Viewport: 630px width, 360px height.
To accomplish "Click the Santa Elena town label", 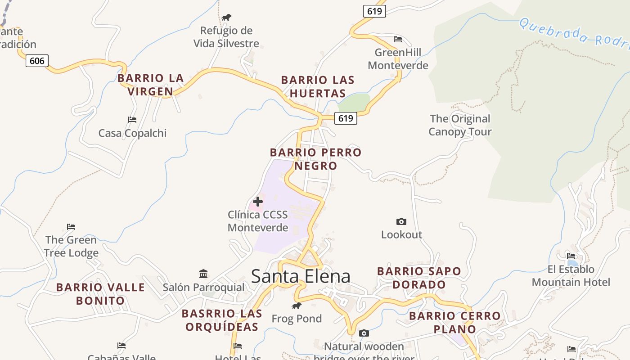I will [x=301, y=276].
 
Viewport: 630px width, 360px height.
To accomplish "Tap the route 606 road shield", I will [x=37, y=60].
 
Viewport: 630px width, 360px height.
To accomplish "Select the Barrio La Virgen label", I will [x=150, y=85].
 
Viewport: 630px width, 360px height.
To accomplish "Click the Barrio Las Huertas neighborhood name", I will [x=318, y=86].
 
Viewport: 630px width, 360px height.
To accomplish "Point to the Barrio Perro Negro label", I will [x=315, y=159].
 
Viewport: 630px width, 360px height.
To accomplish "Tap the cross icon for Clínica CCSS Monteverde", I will [x=258, y=201].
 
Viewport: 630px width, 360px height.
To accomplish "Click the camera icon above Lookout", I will [x=401, y=221].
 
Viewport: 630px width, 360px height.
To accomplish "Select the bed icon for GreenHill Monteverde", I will [x=398, y=39].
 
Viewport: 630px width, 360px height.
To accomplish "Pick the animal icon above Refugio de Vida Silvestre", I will [x=226, y=18].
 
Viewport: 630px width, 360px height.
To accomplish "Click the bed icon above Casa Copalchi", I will [x=132, y=120].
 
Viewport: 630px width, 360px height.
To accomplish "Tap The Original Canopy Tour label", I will [x=459, y=125].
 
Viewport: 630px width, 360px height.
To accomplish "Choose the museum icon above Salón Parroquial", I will [x=203, y=274].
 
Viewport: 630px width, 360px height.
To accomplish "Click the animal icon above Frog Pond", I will [x=296, y=306].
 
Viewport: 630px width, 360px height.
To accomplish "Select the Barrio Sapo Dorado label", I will [x=419, y=278].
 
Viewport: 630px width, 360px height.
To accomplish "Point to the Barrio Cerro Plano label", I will [x=454, y=322].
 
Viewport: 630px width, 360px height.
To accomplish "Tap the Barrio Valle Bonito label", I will [x=100, y=293].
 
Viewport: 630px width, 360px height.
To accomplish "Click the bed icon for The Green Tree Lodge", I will [x=71, y=226].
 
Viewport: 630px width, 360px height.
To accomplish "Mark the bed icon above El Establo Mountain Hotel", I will [x=571, y=256].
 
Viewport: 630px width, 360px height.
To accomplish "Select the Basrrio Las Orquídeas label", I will [x=222, y=320].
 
